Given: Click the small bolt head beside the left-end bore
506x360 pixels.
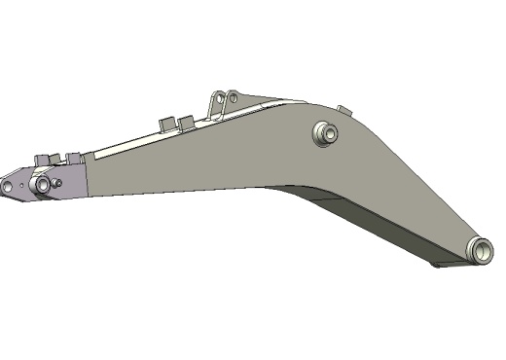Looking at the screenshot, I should [x=58, y=181].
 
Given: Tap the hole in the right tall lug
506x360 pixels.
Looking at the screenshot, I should [x=234, y=96].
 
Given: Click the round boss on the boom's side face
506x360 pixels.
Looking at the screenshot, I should [x=324, y=132].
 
